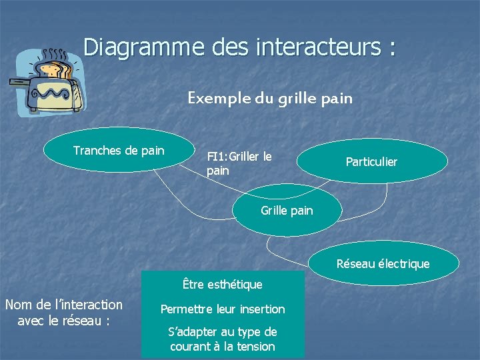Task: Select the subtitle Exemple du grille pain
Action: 269,99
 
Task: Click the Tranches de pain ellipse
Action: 119,150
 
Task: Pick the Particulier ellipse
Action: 371,161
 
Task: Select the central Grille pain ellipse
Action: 287,211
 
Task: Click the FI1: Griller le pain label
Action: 239,164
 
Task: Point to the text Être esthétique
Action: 223,285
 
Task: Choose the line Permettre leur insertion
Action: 223,309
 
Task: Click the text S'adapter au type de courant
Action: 223,331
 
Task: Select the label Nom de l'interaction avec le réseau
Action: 64,312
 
